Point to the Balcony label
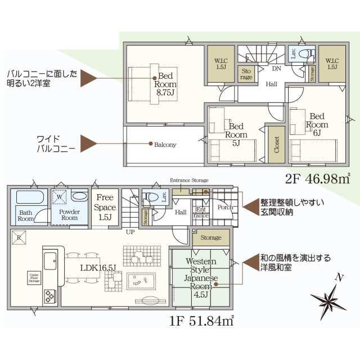tap(165, 145)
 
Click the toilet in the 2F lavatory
tap(306, 55)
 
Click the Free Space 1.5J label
tap(105, 206)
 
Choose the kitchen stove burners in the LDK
tap(49, 294)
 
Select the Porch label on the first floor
tap(224, 207)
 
